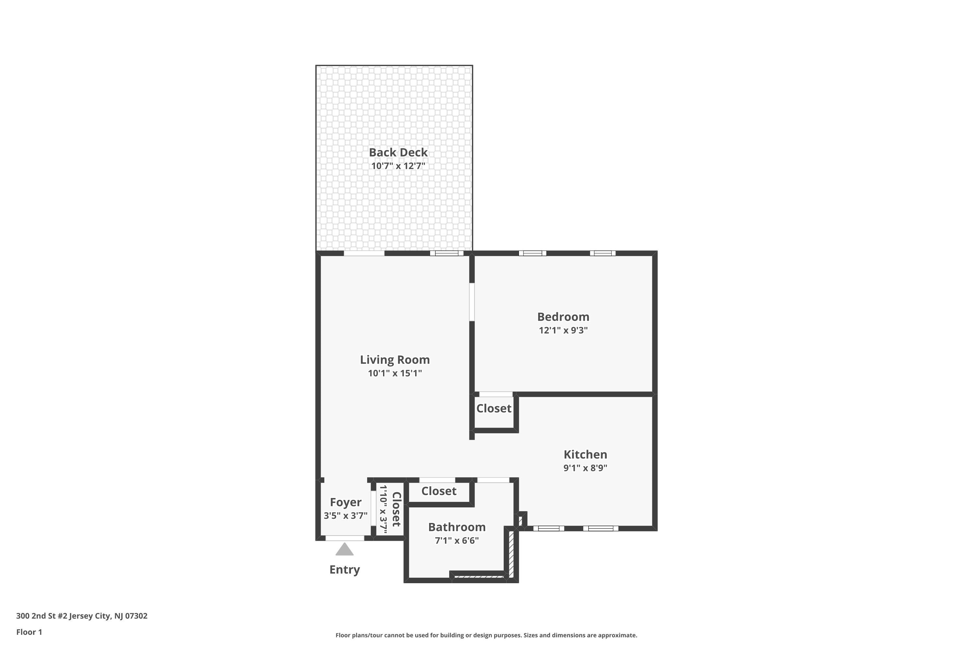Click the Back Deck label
398,153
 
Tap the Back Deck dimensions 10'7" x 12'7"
398,166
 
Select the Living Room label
395,360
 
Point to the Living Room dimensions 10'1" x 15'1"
395,374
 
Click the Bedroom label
563,317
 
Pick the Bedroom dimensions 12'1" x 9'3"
563,330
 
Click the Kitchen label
585,455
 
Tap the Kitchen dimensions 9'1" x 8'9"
585,468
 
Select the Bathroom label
457,527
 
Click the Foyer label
345,503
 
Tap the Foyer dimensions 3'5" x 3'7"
345,516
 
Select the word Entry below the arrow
344,570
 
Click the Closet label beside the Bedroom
494,409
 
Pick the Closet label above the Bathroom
438,492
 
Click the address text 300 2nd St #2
42,616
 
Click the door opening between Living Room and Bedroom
472,302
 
